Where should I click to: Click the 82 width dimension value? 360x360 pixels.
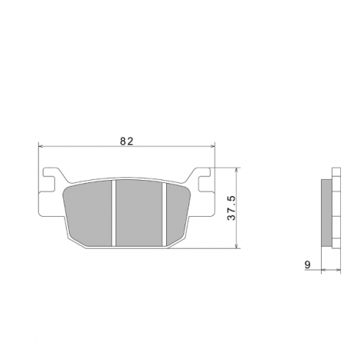pos(126,141)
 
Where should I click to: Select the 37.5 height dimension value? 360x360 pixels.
pos(231,208)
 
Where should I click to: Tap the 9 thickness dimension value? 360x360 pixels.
pos(308,265)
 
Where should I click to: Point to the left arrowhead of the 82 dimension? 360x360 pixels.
pos(41,146)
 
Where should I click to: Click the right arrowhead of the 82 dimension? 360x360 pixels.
pos(213,146)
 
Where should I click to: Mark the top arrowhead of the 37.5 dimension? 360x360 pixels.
pos(237,170)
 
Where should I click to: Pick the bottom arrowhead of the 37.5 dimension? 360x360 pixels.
pos(237,245)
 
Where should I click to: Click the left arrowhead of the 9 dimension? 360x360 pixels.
pos(322,270)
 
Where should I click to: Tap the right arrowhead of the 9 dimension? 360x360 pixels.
pos(339,270)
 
